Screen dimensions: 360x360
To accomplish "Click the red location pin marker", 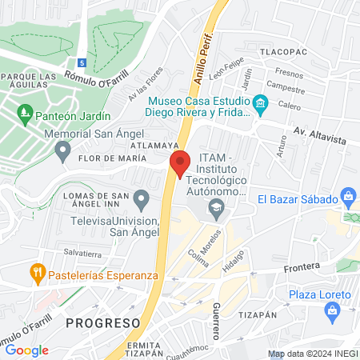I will pyautogui.click(x=180, y=163).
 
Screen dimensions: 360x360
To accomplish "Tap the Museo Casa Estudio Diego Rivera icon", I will pyautogui.click(x=259, y=103).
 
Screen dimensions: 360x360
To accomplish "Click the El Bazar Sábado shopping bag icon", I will pyautogui.click(x=348, y=195).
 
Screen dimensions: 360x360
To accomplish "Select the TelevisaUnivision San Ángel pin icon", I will pyautogui.click(x=142, y=198).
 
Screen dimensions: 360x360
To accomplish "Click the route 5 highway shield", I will pyautogui.click(x=82, y=62).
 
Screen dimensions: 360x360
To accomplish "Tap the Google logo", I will pyautogui.click(x=26, y=350).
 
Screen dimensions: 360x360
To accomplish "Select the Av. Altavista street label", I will pyautogui.click(x=319, y=134).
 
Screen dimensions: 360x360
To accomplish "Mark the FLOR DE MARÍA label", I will pyautogui.click(x=110, y=158).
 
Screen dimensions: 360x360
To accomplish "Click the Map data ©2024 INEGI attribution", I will pyautogui.click(x=312, y=354).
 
